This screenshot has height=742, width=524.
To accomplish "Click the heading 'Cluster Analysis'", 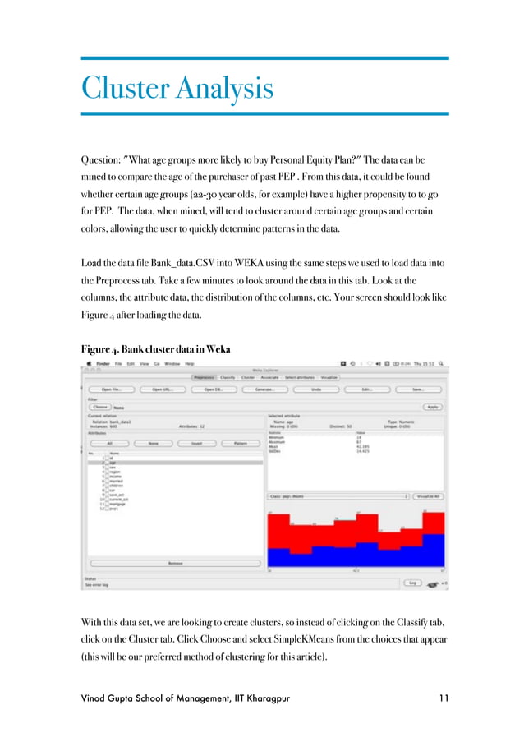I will [177, 86].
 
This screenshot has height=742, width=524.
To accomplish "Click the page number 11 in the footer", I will [444, 698].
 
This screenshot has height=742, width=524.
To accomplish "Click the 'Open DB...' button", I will [214, 389].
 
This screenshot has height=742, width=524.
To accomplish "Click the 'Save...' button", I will [417, 389].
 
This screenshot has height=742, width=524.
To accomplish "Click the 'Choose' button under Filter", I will [99, 407].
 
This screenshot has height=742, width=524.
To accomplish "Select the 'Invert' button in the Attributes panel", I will [196, 443].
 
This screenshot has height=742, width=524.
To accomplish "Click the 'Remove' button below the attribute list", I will [176, 563].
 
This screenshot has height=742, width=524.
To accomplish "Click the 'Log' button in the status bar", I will [413, 583].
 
